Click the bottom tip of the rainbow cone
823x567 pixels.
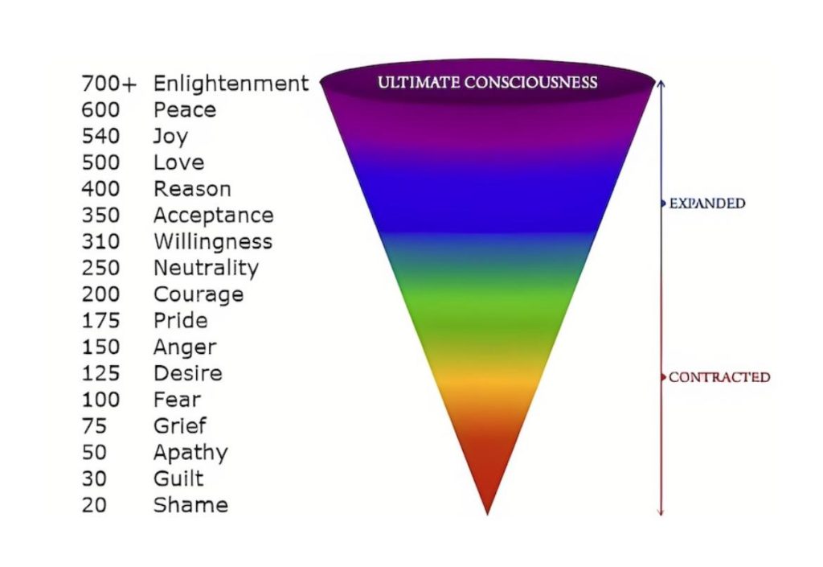[x=488, y=515]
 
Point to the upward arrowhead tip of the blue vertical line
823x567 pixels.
[x=661, y=80]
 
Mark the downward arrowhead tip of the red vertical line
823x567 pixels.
[x=661, y=516]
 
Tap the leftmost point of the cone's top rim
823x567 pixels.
[x=320, y=82]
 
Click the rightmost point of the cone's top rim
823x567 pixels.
[x=655, y=82]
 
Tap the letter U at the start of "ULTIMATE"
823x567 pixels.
[x=382, y=82]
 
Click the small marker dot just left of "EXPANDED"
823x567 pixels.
[x=663, y=203]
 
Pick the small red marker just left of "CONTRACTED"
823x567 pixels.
[x=663, y=377]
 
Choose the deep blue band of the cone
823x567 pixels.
[x=488, y=199]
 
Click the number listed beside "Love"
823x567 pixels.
[x=100, y=162]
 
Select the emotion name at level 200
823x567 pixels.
[x=199, y=294]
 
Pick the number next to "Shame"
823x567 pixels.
[x=94, y=505]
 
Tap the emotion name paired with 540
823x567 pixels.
[x=170, y=137]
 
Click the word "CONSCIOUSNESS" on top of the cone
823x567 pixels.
[x=530, y=82]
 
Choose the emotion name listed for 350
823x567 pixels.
[x=214, y=216]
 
